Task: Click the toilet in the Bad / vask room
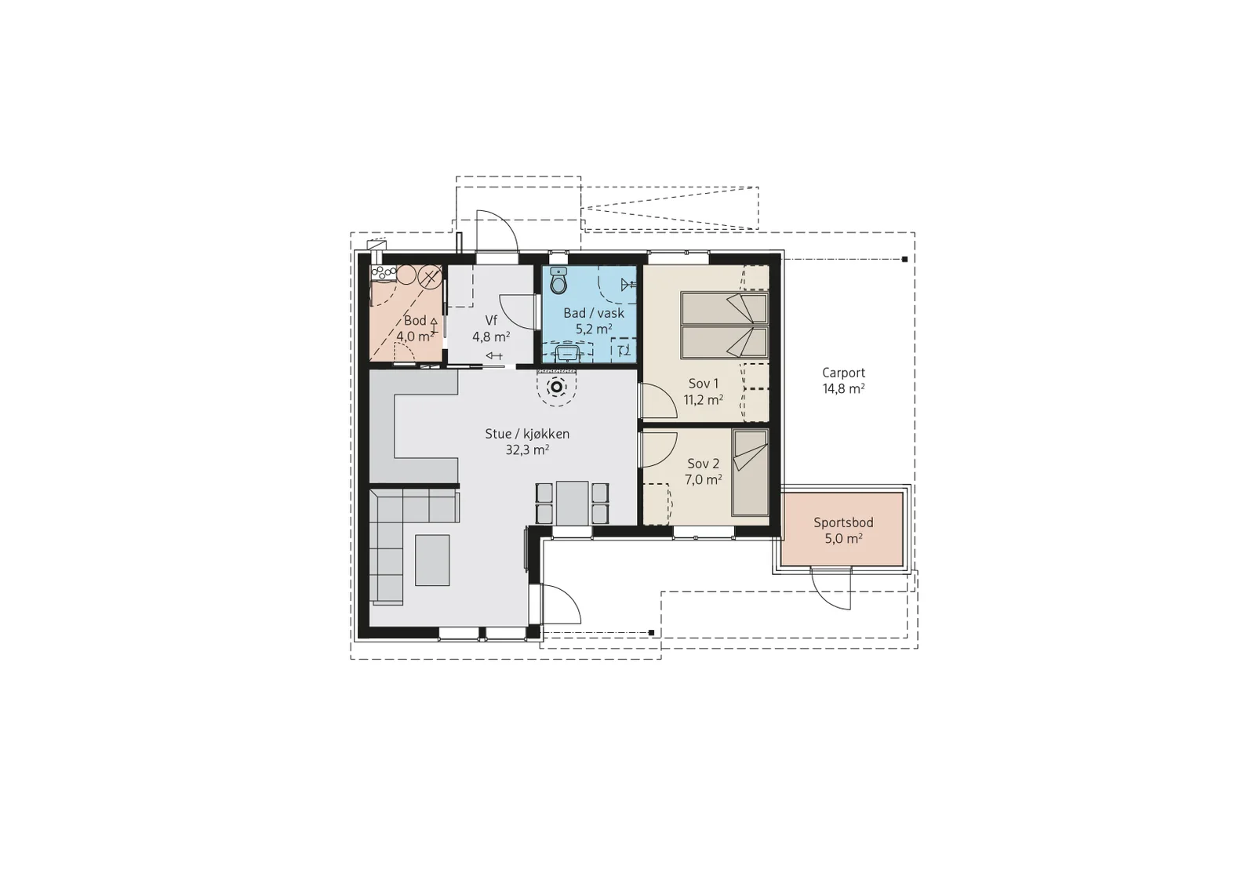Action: (558, 280)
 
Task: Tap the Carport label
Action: (843, 373)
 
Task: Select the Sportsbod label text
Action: (843, 522)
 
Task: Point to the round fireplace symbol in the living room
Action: (557, 388)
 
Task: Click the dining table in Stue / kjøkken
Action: (572, 503)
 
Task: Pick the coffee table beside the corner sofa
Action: (432, 559)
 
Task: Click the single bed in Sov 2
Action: (750, 472)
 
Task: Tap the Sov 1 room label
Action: (703, 384)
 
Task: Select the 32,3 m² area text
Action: (527, 449)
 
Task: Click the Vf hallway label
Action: (491, 321)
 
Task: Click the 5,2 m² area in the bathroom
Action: (593, 329)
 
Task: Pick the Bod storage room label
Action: (415, 321)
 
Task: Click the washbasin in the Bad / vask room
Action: (567, 354)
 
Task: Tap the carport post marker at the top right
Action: (904, 260)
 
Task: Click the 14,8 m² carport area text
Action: (843, 389)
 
